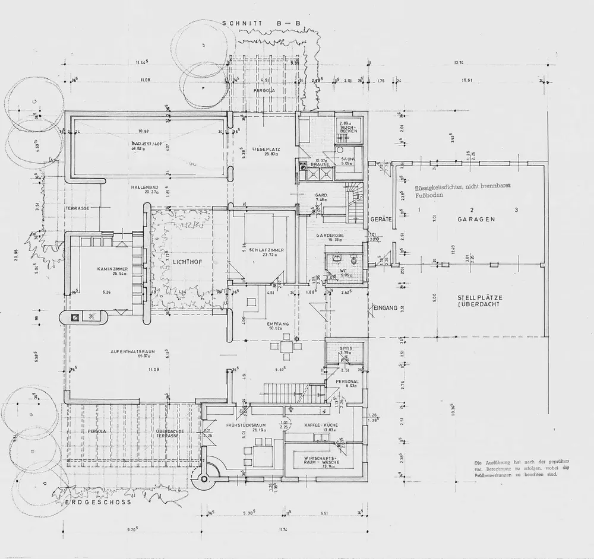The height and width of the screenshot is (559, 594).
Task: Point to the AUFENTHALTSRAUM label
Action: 132,351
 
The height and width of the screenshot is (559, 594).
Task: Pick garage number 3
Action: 516,210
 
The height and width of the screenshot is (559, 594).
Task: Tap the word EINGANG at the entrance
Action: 385,307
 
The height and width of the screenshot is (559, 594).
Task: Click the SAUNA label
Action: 347,159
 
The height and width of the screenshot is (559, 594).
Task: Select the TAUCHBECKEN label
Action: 347,129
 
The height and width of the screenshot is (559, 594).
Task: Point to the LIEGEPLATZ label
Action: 266,150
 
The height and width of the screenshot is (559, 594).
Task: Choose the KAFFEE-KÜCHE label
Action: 320,425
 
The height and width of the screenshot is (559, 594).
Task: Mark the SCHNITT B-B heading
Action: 261,24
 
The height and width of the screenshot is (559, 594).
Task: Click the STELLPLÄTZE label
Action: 478,300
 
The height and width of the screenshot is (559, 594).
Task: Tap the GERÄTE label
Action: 381,219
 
